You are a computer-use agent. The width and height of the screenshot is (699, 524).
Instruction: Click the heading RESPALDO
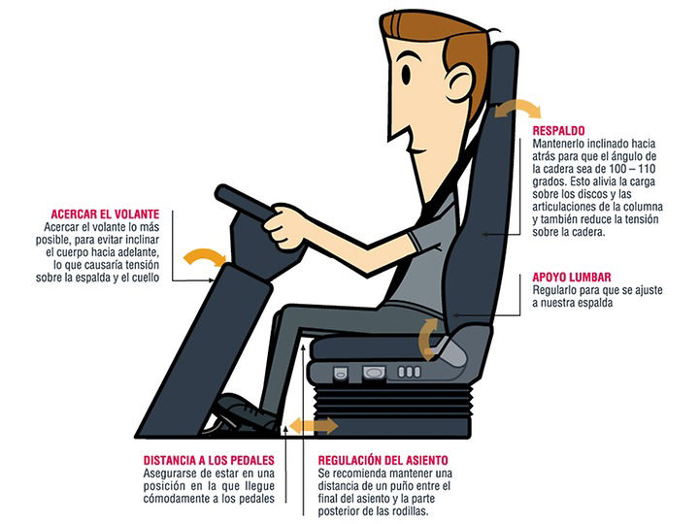tap(558, 131)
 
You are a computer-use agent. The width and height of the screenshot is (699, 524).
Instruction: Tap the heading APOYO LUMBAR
tap(572, 278)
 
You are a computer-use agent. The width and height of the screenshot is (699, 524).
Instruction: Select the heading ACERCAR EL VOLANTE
tap(105, 213)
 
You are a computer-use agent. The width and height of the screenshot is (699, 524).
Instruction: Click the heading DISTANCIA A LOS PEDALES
tap(209, 460)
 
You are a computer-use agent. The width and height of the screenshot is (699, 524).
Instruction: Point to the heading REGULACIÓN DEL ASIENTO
tap(383, 460)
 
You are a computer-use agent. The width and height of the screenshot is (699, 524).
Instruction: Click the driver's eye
tap(406, 74)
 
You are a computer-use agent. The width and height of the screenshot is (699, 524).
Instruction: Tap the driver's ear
tap(459, 82)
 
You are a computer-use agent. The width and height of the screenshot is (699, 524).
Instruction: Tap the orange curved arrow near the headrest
tap(517, 109)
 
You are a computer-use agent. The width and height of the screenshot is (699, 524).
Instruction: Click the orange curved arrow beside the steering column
tap(205, 256)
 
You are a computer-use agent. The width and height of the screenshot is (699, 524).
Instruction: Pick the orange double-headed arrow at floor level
tap(314, 426)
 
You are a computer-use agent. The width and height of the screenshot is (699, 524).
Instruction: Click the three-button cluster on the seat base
tap(409, 372)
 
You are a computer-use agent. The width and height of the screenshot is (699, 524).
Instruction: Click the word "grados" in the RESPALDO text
tap(549, 181)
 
